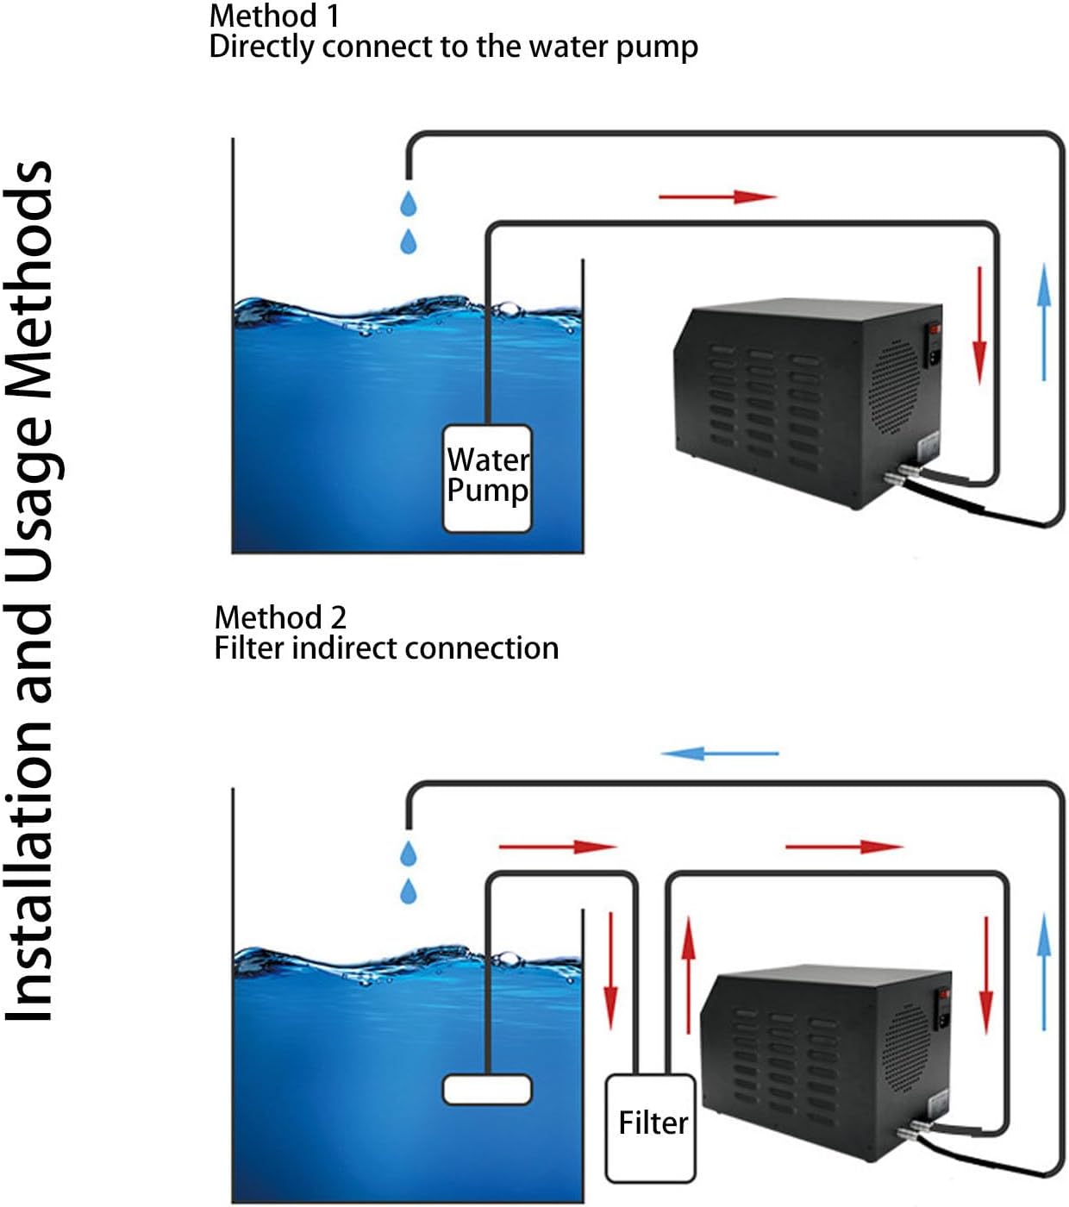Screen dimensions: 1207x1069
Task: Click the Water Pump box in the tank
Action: (487, 478)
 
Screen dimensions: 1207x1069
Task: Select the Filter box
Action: (651, 1127)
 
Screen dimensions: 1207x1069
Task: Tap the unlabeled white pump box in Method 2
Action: (487, 1089)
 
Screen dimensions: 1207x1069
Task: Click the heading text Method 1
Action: (274, 16)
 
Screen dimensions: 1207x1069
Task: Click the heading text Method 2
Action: (280, 617)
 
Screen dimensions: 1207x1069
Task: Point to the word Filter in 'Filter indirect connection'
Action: (248, 647)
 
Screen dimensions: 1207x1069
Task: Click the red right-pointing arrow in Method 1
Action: (717, 197)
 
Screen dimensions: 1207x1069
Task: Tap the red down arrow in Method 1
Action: (979, 325)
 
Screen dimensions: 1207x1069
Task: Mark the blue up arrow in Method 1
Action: (1044, 322)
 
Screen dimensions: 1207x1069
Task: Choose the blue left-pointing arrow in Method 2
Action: (719, 754)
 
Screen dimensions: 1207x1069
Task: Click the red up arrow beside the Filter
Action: (688, 973)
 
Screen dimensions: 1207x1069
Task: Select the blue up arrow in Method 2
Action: (1044, 972)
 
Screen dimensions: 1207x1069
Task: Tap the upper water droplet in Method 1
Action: (409, 204)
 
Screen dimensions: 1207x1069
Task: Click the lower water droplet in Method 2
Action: (409, 891)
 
